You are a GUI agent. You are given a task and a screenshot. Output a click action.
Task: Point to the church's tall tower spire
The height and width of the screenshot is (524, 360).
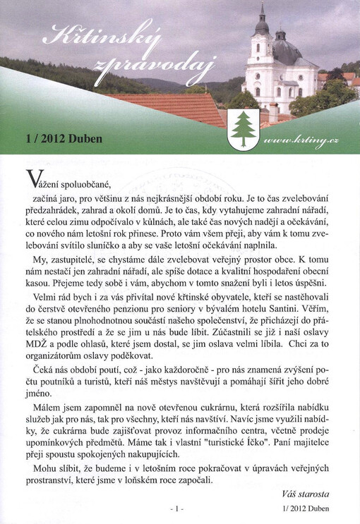click(x=263, y=18)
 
